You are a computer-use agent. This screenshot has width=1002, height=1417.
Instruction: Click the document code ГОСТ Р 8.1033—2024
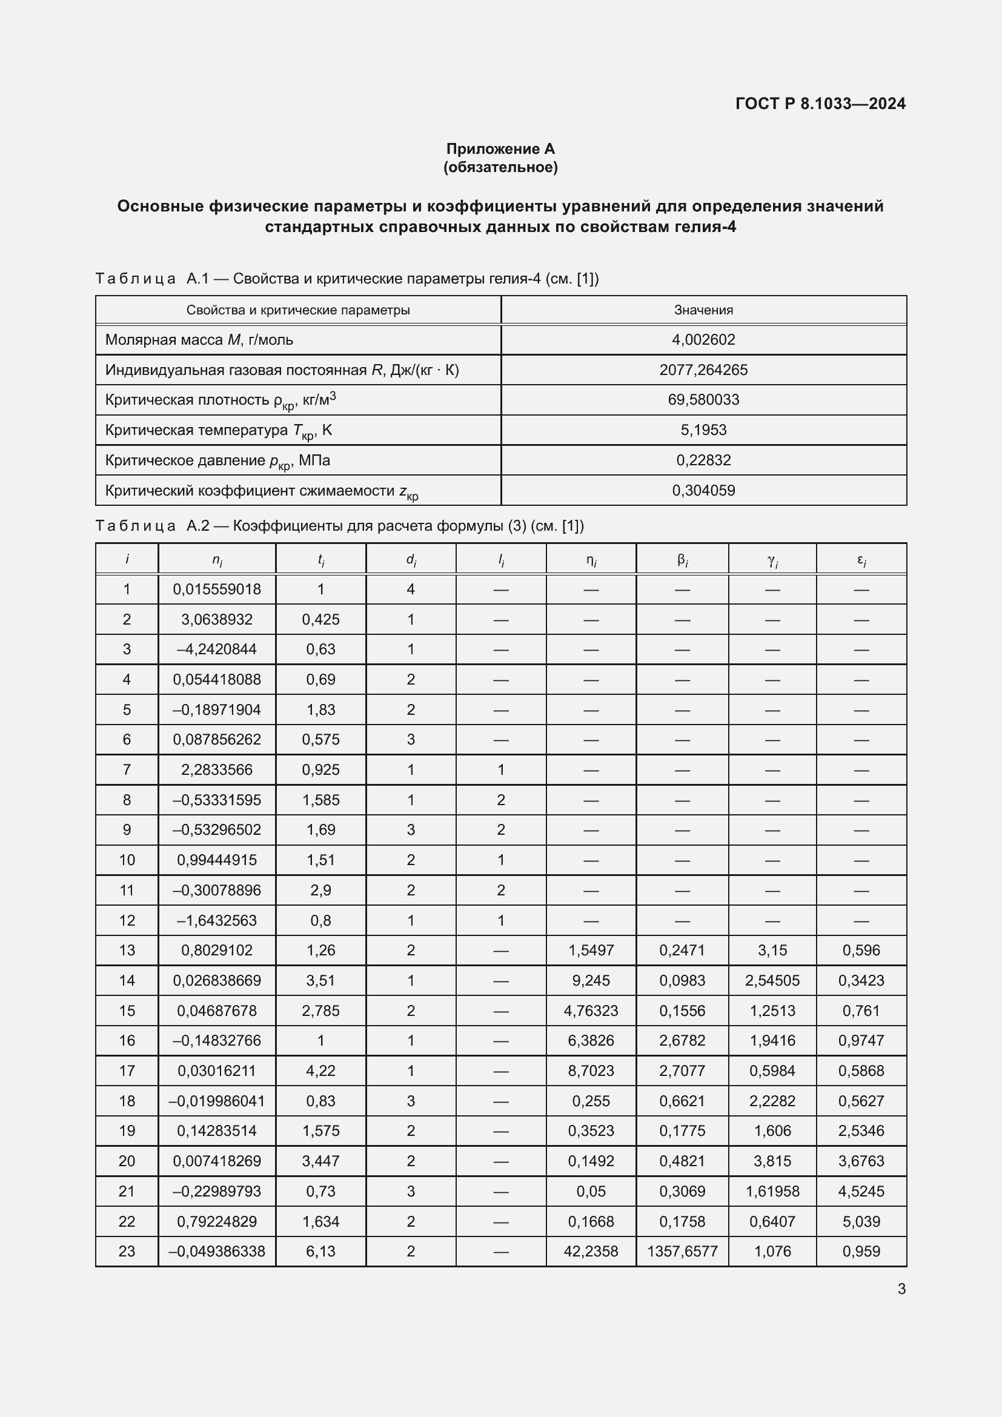click(820, 103)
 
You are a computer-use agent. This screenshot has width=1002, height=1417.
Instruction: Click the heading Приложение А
click(500, 149)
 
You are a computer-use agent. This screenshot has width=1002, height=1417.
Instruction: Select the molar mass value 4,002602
click(703, 339)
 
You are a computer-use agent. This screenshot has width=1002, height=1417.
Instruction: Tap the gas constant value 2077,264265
click(703, 370)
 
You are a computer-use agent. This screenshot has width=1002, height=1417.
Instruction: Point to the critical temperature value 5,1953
click(703, 430)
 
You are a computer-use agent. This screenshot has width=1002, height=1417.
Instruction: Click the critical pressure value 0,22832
click(703, 460)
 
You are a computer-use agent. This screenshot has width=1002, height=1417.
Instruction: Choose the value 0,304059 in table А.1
click(703, 490)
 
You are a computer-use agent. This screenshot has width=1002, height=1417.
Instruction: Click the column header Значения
click(703, 310)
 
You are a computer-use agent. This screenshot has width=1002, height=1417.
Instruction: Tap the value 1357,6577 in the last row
click(682, 1251)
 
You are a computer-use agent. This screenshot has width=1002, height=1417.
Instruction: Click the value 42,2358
click(591, 1251)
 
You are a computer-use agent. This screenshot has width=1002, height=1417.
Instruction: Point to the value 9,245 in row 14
click(591, 980)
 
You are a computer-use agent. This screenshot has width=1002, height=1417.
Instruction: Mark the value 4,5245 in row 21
click(861, 1191)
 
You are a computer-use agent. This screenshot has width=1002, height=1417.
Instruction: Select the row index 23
click(127, 1251)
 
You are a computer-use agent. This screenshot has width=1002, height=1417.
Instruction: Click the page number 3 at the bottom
click(901, 1289)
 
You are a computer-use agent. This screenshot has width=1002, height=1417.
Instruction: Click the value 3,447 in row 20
click(320, 1161)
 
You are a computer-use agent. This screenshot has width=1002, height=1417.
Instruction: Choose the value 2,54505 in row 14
click(772, 980)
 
